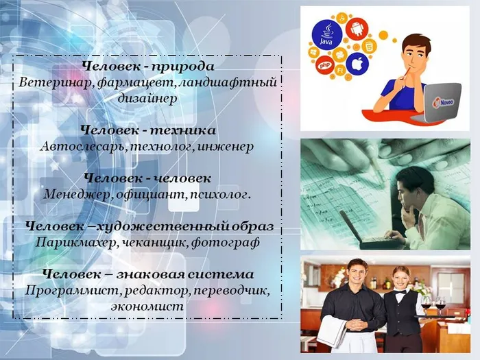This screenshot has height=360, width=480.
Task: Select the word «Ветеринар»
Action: click(x=51, y=83)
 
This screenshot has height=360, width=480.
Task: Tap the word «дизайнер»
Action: click(x=147, y=99)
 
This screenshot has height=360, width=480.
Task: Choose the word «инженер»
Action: click(x=227, y=146)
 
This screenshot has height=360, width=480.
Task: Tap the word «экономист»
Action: click(x=147, y=306)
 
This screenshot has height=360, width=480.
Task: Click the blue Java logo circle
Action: click(x=328, y=34)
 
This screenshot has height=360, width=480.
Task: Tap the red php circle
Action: click(x=325, y=66)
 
